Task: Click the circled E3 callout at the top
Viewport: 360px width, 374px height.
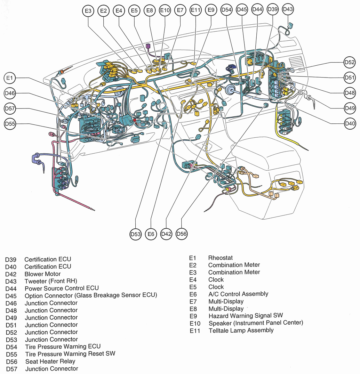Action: point(88,11)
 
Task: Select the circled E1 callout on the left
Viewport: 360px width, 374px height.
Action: point(10,79)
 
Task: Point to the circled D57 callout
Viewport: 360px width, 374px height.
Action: point(10,109)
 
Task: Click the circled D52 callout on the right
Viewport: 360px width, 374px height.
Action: point(350,62)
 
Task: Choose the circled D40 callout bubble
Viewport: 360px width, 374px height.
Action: point(350,123)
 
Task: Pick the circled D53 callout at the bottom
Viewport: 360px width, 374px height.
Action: point(135,235)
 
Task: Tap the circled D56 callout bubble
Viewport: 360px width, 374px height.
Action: point(182,234)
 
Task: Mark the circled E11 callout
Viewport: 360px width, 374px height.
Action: point(195,11)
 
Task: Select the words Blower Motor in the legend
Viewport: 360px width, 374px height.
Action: point(42,274)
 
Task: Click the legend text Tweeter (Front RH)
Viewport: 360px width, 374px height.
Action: point(51,281)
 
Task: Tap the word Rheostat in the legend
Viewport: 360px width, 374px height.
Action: point(221,258)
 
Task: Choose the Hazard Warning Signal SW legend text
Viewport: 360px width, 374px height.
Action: point(246,316)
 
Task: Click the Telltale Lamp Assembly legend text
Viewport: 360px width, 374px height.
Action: point(241,330)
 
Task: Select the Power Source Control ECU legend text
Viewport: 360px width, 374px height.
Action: point(62,288)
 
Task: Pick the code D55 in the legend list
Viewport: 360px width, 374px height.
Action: point(12,354)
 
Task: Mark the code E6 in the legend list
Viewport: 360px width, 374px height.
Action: point(193,294)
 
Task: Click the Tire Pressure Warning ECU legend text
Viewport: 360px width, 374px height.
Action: point(63,347)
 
